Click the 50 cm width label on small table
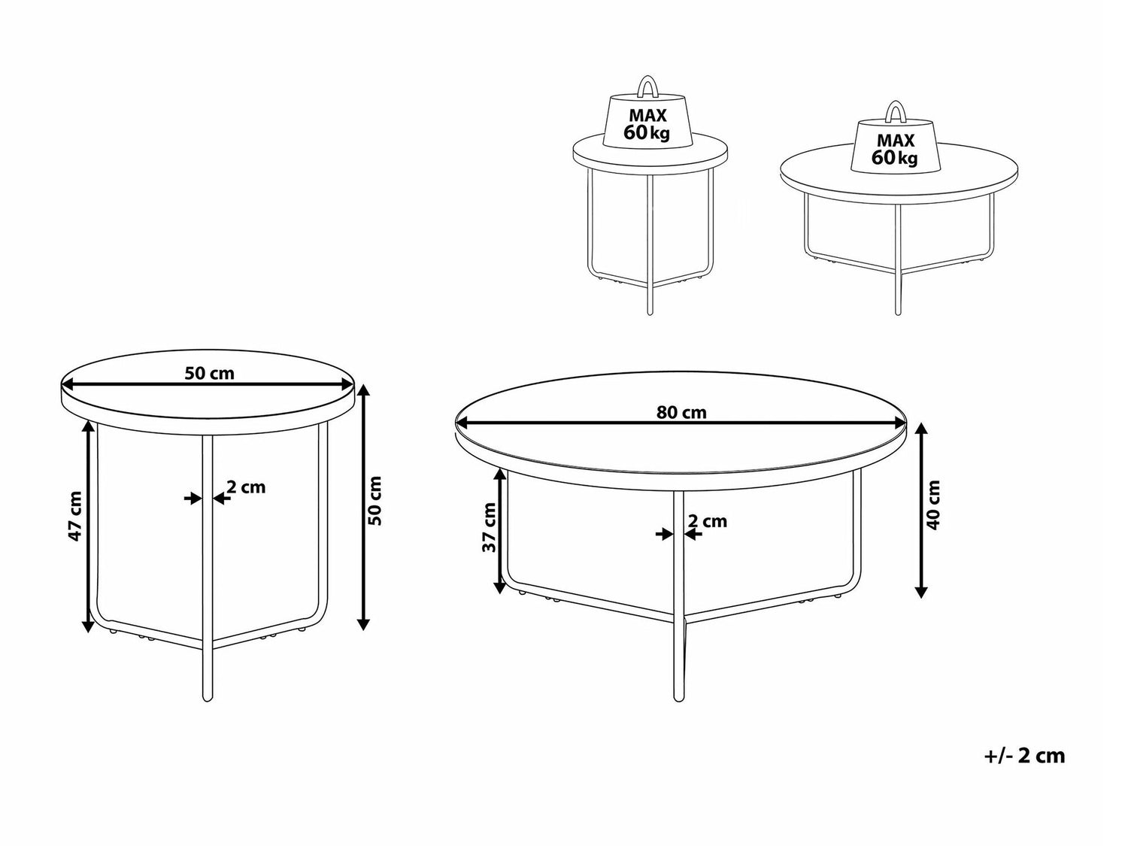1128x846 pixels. click(x=209, y=374)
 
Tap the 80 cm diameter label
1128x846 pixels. click(x=681, y=412)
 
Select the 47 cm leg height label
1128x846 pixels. click(x=75, y=516)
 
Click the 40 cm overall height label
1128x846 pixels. click(x=932, y=505)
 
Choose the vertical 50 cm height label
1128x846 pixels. click(x=376, y=501)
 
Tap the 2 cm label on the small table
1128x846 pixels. click(x=246, y=487)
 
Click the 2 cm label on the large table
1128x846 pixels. click(x=708, y=521)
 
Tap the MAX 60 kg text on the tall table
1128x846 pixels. click(x=647, y=124)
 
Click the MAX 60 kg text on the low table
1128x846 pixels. click(x=895, y=149)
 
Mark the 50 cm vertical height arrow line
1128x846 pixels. click(x=363, y=507)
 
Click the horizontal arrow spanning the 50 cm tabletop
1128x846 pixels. click(x=208, y=384)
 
